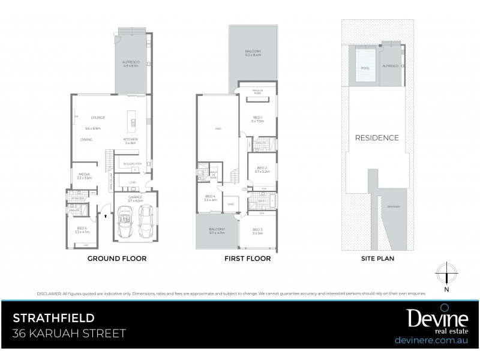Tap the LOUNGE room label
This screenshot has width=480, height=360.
(98, 118)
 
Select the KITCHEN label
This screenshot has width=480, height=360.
(130, 139)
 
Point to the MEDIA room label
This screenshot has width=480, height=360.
(84, 174)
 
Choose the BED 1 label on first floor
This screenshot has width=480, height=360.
(257, 118)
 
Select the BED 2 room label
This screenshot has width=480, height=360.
(261, 168)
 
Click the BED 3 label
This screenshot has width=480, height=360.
(257, 229)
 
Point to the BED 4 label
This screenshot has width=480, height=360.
(209, 196)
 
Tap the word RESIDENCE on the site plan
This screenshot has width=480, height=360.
(377, 137)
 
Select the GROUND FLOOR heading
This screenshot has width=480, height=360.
(117, 259)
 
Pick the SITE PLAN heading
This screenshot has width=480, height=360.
(377, 259)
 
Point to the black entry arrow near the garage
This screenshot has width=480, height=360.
(106, 212)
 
